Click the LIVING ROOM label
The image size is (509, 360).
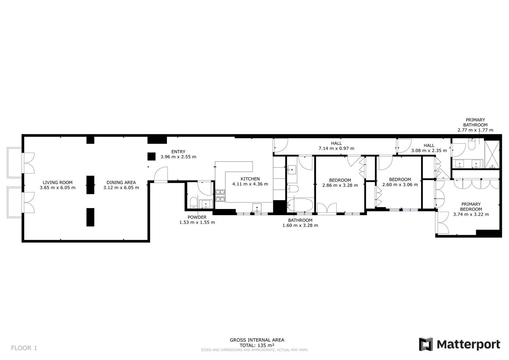(57, 182)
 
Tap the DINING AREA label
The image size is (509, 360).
(121, 182)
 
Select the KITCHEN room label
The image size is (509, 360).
(250, 179)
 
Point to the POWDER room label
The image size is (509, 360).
(197, 217)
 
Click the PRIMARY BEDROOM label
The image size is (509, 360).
(471, 207)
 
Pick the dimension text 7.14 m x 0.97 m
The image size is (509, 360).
(336, 148)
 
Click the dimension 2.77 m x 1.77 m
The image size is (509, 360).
(475, 130)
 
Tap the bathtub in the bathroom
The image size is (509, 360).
(300, 205)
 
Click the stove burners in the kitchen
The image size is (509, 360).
(220, 196)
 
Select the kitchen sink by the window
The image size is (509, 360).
(257, 208)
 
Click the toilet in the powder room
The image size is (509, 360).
(193, 203)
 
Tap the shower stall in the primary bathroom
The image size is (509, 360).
(492, 154)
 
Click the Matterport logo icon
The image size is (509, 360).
(426, 344)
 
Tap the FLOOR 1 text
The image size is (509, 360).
(24, 348)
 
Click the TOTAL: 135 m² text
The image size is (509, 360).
(257, 345)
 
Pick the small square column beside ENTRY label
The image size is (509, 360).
(151, 156)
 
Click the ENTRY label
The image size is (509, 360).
(178, 152)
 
